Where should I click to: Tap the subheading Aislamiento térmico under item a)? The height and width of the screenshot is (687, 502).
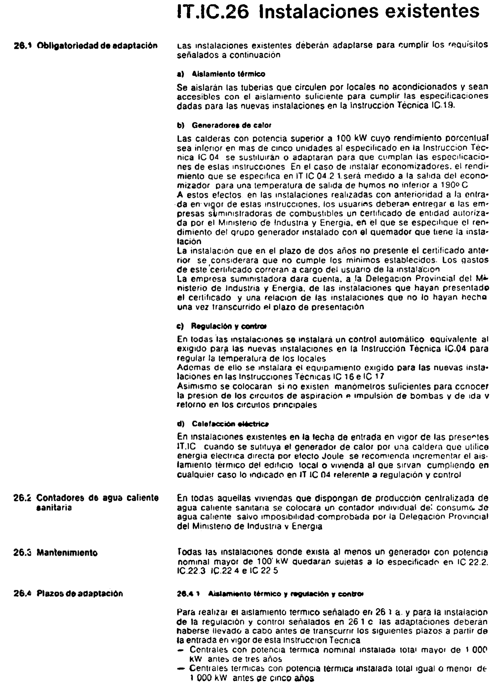tap(228, 74)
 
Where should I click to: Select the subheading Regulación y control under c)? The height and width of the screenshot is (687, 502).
tap(229, 326)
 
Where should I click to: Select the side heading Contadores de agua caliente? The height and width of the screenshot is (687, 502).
tap(97, 498)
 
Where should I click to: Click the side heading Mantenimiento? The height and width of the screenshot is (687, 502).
tap(67, 553)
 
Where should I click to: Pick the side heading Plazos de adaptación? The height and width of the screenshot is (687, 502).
tap(80, 593)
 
